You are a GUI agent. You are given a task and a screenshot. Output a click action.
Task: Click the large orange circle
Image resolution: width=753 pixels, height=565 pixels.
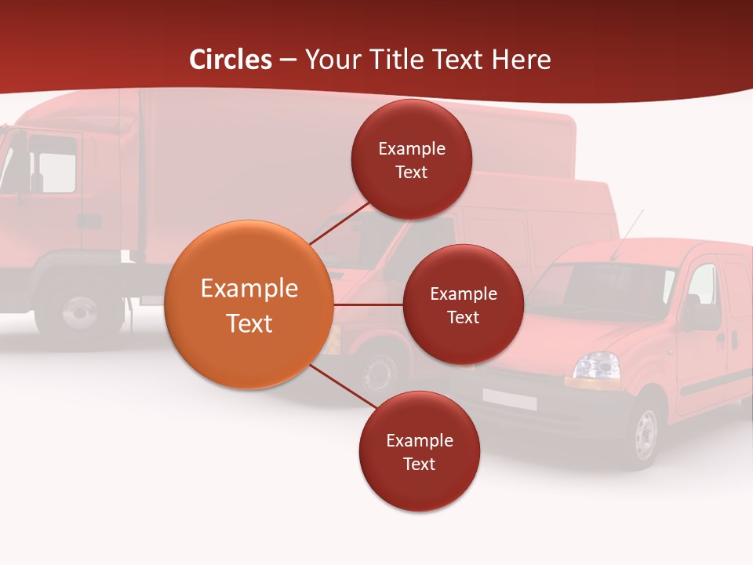point(249,304)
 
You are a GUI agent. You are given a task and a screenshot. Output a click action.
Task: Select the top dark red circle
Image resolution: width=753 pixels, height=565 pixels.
point(411,159)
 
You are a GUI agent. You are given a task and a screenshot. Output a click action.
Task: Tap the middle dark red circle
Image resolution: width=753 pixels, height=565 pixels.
point(463,304)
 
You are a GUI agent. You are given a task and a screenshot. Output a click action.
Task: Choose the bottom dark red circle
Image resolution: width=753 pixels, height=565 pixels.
point(419,451)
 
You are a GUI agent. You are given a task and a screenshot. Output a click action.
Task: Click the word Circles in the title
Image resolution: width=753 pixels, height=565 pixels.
point(231,60)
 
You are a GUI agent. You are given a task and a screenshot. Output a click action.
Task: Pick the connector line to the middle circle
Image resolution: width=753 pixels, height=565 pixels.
point(368,304)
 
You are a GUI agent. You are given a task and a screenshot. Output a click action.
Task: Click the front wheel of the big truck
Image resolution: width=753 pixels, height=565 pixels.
point(79,312)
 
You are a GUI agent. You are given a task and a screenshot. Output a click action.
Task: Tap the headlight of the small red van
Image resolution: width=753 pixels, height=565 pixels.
point(595,366)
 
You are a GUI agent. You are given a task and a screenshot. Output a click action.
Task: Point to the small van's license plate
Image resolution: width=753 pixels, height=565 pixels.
point(510,399)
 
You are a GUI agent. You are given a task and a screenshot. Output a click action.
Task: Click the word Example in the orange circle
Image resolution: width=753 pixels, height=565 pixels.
point(249,289)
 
